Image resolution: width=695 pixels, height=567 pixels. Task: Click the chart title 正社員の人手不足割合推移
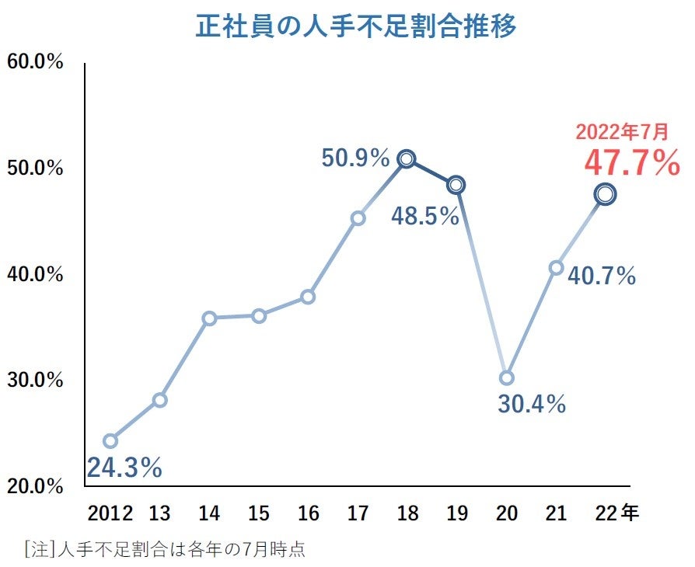tap(356, 26)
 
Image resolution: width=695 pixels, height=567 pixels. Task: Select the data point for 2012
tap(110, 441)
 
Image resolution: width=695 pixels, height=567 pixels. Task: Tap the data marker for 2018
tap(407, 159)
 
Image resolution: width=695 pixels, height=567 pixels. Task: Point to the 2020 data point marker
tap(506, 378)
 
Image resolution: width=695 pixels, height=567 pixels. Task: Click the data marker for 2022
tap(606, 194)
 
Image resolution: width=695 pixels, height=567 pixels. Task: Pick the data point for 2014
tap(209, 318)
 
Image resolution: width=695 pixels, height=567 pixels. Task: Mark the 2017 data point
tap(358, 218)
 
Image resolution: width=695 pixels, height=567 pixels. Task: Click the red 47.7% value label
tap(631, 164)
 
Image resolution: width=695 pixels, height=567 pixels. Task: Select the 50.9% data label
tap(355, 159)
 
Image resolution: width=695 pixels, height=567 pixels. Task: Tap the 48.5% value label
tap(424, 216)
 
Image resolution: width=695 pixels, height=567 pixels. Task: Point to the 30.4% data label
tap(532, 404)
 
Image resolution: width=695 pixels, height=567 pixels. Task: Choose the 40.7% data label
tap(602, 276)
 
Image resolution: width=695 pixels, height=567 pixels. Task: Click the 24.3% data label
tap(124, 468)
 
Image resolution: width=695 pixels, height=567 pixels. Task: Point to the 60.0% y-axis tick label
tap(34, 62)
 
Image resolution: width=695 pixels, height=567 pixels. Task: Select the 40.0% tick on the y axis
tap(34, 274)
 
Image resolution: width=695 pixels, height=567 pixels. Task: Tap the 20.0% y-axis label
tap(34, 486)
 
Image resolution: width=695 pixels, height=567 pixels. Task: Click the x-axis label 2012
tap(110, 513)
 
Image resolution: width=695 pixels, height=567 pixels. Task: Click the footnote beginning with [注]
tap(165, 549)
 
